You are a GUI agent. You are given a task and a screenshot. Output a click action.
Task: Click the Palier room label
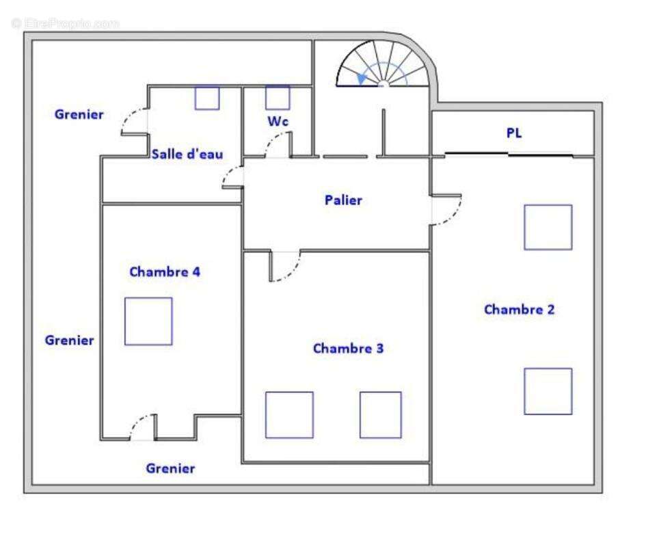(x=343, y=200)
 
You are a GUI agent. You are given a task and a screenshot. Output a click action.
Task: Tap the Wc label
(x=278, y=122)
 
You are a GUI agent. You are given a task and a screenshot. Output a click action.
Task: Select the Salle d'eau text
(x=187, y=154)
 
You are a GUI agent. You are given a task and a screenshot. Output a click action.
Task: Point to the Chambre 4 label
(x=165, y=271)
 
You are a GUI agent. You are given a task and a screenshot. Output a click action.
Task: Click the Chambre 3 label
(x=348, y=348)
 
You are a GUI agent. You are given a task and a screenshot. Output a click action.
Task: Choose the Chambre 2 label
(x=519, y=310)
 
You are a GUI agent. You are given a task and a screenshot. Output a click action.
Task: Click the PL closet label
(x=514, y=133)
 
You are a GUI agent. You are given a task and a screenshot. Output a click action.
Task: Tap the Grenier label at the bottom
(x=170, y=468)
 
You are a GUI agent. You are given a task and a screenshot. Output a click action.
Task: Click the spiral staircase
(x=383, y=64)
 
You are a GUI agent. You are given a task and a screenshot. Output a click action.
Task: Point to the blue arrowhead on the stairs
(x=362, y=79)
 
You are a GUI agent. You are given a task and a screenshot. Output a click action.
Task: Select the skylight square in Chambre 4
(x=148, y=321)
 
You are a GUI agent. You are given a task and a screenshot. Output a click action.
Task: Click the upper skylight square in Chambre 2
(x=548, y=227)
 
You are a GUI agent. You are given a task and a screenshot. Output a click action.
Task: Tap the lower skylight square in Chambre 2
(x=548, y=391)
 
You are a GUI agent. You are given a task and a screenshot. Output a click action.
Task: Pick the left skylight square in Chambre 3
(x=289, y=415)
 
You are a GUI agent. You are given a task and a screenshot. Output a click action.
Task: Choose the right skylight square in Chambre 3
(x=380, y=415)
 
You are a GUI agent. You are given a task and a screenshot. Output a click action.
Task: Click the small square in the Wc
(x=278, y=98)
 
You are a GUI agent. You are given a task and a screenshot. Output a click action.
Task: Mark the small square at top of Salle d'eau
(x=207, y=98)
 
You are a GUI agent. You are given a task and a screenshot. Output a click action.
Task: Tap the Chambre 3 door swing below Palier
(x=286, y=266)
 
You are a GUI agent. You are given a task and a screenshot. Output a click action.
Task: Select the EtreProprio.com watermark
(x=66, y=24)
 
